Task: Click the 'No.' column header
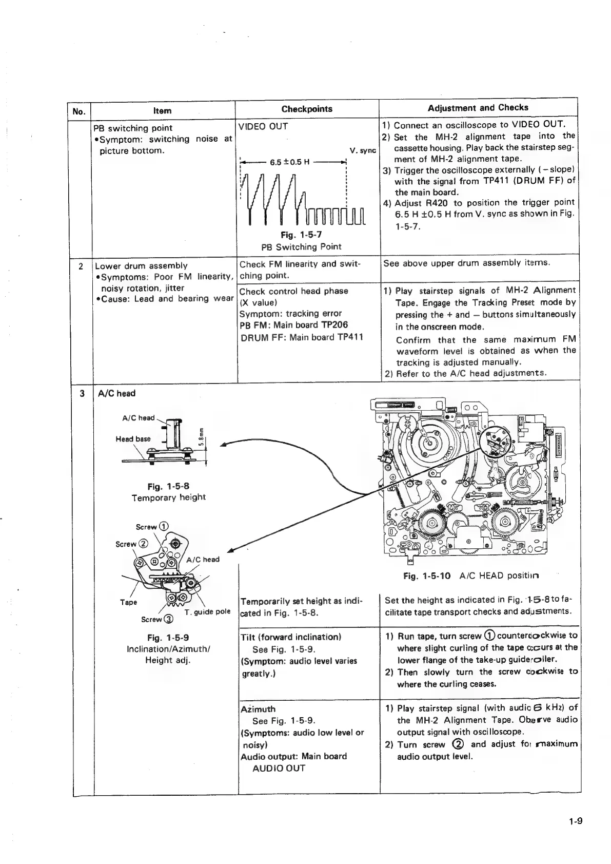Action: pyautogui.click(x=79, y=111)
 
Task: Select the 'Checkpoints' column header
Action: pyautogui.click(x=307, y=109)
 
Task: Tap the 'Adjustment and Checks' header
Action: pyautogui.click(x=478, y=107)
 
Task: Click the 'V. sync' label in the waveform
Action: pyautogui.click(x=363, y=151)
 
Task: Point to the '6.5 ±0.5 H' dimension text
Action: pyautogui.click(x=290, y=163)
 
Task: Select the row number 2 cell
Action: pyautogui.click(x=81, y=266)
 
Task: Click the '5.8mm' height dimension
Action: pyautogui.click(x=202, y=437)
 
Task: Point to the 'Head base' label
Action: pyautogui.click(x=133, y=439)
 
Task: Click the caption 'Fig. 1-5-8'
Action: pyautogui.click(x=168, y=486)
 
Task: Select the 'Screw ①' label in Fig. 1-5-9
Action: pyautogui.click(x=152, y=527)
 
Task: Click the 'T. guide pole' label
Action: pyautogui.click(x=208, y=611)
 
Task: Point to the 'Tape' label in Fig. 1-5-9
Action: pyautogui.click(x=128, y=602)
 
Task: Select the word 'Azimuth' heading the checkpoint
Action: pyautogui.click(x=258, y=709)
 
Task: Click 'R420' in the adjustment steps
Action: pyautogui.click(x=437, y=203)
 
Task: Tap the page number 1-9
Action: pyautogui.click(x=575, y=821)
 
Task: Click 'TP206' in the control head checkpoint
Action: pyautogui.click(x=334, y=325)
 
